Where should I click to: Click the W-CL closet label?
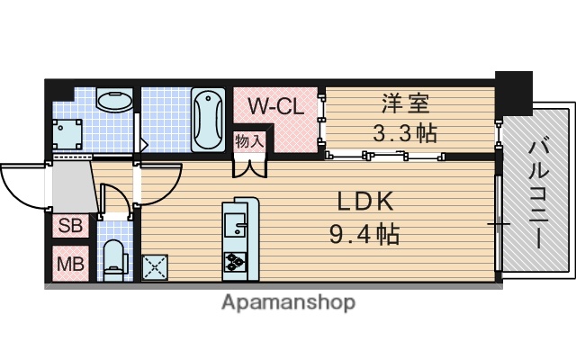pyautogui.click(x=274, y=105)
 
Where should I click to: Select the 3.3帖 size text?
pyautogui.click(x=405, y=134)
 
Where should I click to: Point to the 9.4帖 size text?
pyautogui.click(x=364, y=235)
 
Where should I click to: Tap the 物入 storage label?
pyautogui.click(x=249, y=140)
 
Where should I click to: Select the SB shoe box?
pyautogui.click(x=70, y=225)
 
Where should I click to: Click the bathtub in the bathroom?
pyautogui.click(x=209, y=121)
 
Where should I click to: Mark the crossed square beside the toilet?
pyautogui.click(x=155, y=266)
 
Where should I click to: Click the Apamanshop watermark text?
pyautogui.click(x=288, y=302)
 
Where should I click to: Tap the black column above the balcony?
pyautogui.click(x=514, y=90)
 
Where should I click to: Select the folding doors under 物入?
pyautogui.click(x=249, y=166)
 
